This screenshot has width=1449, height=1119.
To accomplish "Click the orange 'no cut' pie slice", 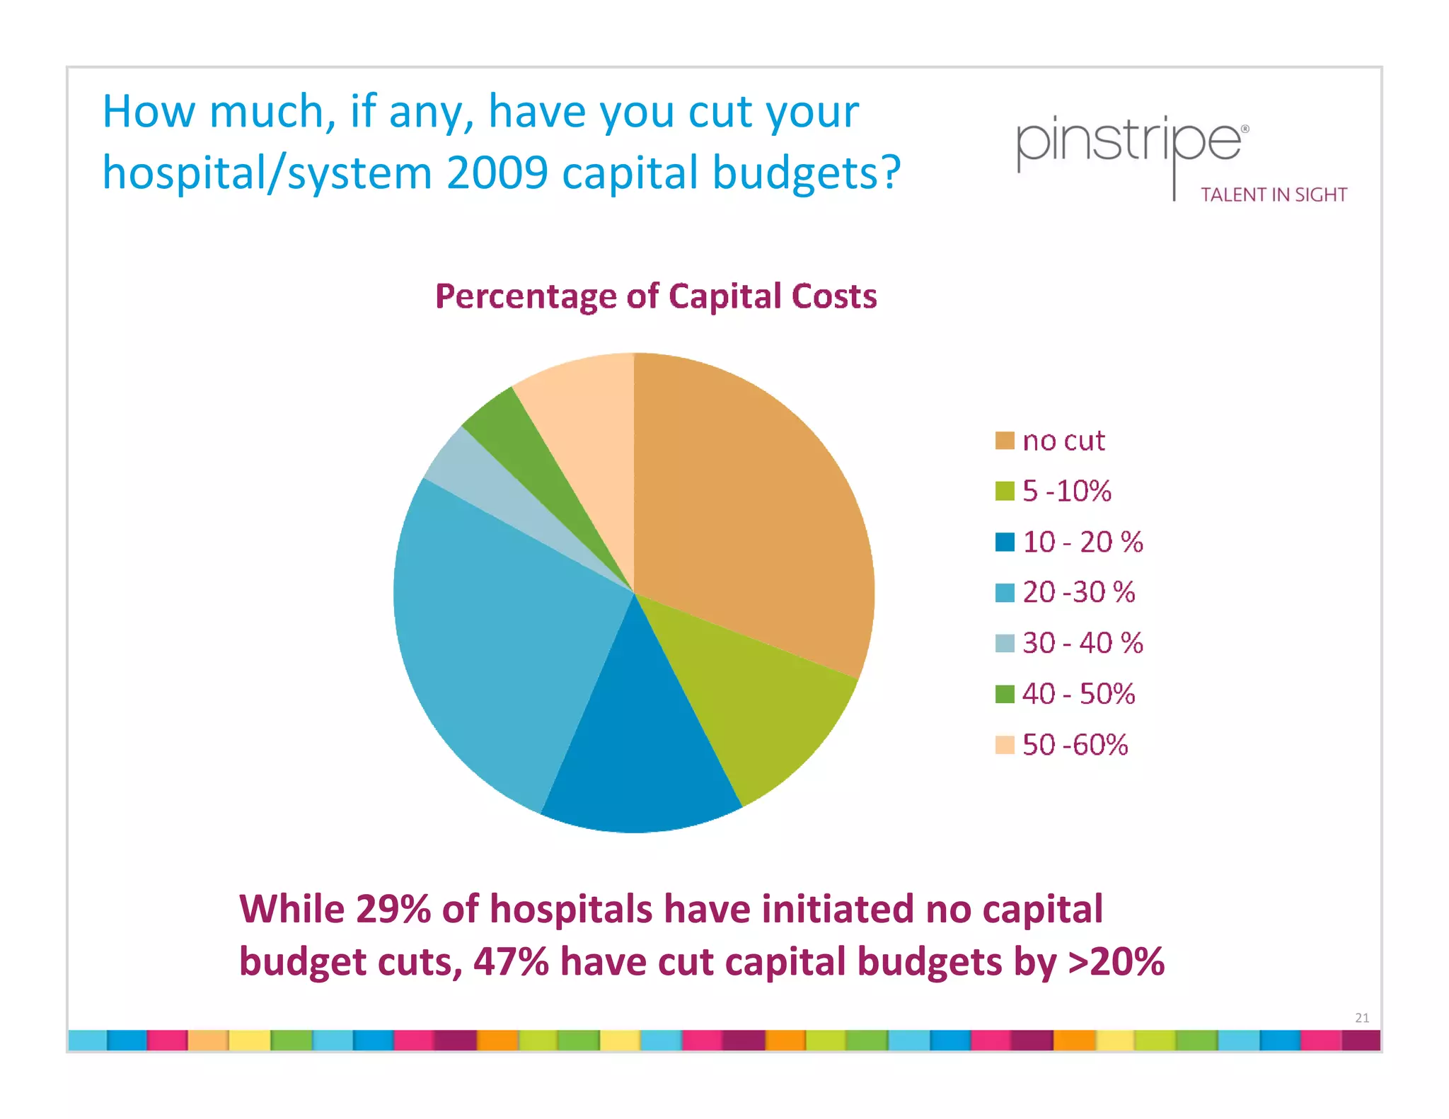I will [x=750, y=509].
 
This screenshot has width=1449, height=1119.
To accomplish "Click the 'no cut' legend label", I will [x=1063, y=441].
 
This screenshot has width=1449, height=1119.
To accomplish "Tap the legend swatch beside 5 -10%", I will [x=1004, y=491].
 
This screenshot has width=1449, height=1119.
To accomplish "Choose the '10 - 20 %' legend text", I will [x=1082, y=542].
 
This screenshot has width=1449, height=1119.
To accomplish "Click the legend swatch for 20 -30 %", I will [x=1004, y=593].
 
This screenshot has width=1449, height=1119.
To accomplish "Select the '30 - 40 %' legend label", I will [x=1082, y=643].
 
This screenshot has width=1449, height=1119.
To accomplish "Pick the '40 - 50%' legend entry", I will [x=1078, y=694].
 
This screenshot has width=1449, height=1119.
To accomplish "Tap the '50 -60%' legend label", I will [x=1074, y=745].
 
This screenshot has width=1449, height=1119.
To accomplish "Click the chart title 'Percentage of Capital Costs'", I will [x=655, y=296].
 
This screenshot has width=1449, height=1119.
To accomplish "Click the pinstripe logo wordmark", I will [x=1128, y=141].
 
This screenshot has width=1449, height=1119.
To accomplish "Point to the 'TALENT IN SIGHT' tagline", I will [x=1274, y=195].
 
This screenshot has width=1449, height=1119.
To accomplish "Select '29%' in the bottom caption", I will [x=393, y=909].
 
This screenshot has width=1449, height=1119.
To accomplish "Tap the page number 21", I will [x=1361, y=1018].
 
